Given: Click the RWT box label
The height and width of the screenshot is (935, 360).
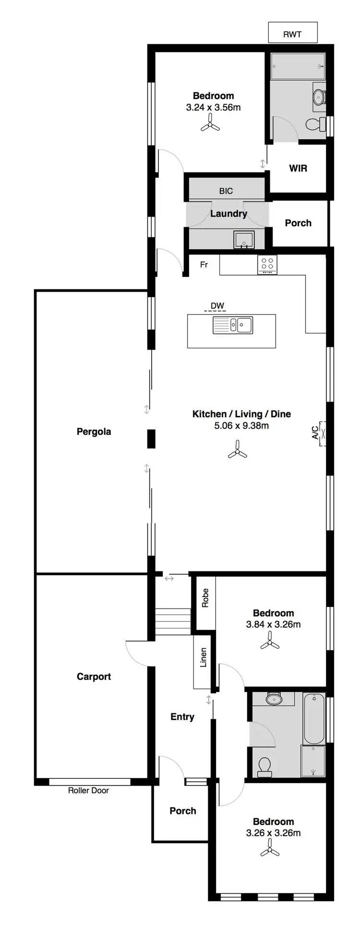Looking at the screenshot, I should pyautogui.click(x=292, y=34).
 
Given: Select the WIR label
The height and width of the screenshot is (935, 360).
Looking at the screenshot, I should pyautogui.click(x=298, y=168).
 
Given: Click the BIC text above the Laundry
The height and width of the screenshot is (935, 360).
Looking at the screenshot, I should pyautogui.click(x=226, y=191).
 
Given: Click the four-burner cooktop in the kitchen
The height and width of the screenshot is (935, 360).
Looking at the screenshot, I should pyautogui.click(x=267, y=264).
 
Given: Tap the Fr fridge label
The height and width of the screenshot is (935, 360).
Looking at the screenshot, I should pyautogui.click(x=204, y=265).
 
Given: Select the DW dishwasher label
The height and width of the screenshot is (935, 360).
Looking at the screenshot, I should pyautogui.click(x=217, y=306).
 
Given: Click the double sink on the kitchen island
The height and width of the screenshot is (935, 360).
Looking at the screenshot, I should pyautogui.click(x=233, y=325).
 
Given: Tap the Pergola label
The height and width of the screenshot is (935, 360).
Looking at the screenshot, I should pyautogui.click(x=94, y=431).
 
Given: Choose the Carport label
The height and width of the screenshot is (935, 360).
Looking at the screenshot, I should pyautogui.click(x=94, y=676).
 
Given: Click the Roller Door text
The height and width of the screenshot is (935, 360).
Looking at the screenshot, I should pyautogui.click(x=88, y=790).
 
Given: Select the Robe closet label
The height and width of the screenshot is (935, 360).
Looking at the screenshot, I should pyautogui.click(x=205, y=598).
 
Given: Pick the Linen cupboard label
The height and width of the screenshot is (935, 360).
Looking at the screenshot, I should pyautogui.click(x=203, y=657).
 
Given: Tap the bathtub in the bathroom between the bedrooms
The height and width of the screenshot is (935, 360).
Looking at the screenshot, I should pyautogui.click(x=314, y=718).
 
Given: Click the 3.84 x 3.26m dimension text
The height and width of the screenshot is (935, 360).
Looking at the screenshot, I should pyautogui.click(x=273, y=624).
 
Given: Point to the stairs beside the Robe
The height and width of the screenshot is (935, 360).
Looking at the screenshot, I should pyautogui.click(x=173, y=621).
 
